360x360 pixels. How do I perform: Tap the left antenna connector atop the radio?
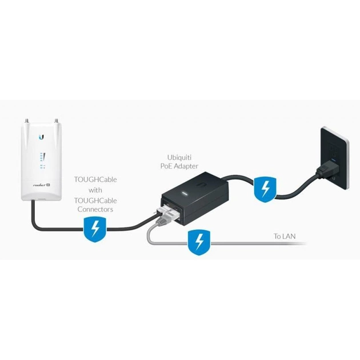click(x=26, y=121)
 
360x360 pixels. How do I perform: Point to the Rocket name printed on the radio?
click(x=39, y=183)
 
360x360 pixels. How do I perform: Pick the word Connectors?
click(x=95, y=210)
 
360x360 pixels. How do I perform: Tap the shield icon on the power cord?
click(x=264, y=187)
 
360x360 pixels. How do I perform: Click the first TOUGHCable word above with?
click(x=95, y=179)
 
